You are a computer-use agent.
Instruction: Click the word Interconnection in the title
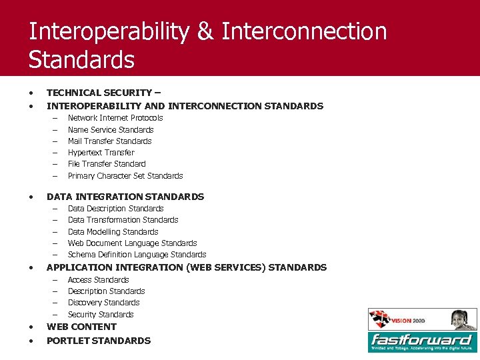tap(304, 31)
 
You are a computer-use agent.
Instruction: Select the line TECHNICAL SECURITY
tap(103, 93)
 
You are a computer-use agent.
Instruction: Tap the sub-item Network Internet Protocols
tap(115, 118)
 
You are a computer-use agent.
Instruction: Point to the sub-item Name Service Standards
tap(111, 130)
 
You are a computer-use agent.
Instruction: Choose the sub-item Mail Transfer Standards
tap(110, 141)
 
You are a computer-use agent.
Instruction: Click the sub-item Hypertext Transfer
tap(101, 153)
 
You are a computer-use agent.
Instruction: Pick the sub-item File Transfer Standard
tap(107, 164)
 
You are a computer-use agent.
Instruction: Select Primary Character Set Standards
tap(125, 176)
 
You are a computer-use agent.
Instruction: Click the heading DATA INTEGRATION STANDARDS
tap(125, 197)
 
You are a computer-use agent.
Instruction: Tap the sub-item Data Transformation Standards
tap(123, 220)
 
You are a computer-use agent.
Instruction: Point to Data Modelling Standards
tap(113, 232)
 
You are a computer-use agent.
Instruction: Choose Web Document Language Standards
tap(133, 243)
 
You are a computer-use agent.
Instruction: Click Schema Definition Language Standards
tap(137, 255)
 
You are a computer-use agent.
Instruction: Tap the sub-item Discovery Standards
tap(104, 303)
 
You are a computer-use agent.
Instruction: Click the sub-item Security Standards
tap(101, 315)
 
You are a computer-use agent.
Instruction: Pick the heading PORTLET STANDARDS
tap(99, 341)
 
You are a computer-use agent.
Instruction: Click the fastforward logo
tap(422, 341)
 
